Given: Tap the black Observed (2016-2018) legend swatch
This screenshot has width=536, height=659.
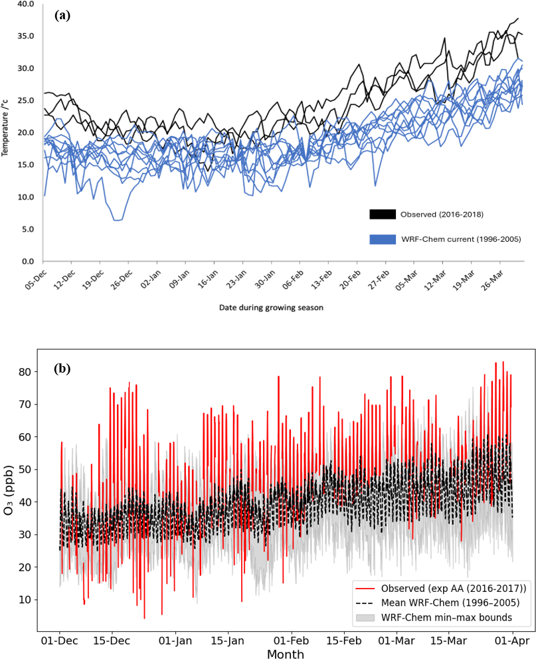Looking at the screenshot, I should [x=383, y=215].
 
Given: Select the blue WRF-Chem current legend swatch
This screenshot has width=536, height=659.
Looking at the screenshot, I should [x=383, y=238].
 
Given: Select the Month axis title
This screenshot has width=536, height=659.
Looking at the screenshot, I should [x=286, y=654].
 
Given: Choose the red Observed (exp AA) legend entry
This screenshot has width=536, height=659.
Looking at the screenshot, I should [x=442, y=589].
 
